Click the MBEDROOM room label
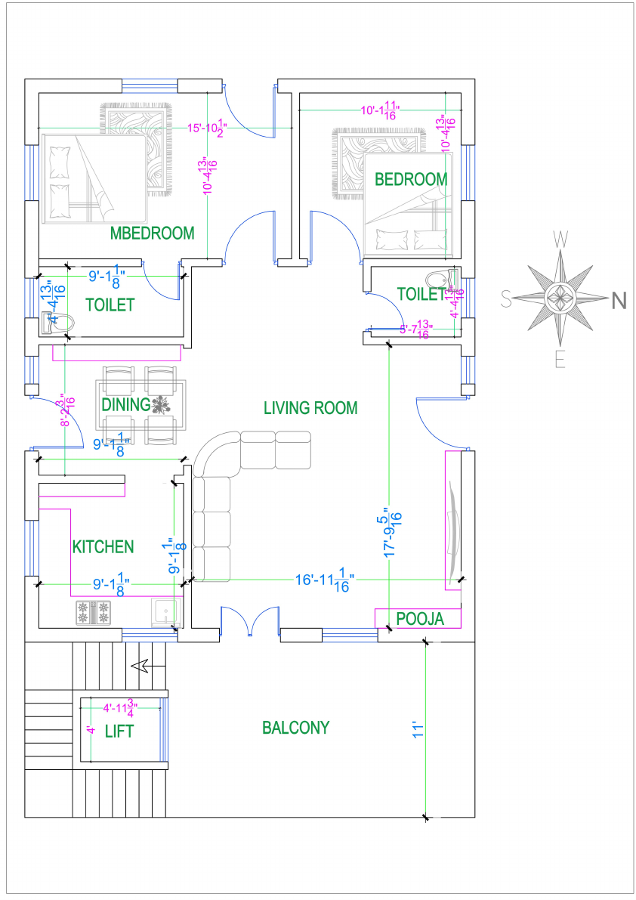(152, 233)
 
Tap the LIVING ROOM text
(310, 408)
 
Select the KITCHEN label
(103, 546)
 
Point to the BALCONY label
(296, 728)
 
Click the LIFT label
(120, 731)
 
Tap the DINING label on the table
(127, 405)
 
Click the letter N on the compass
(619, 301)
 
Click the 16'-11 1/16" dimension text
(325, 580)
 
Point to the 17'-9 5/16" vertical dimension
(393, 533)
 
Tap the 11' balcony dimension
(416, 730)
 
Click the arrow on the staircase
(140, 666)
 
